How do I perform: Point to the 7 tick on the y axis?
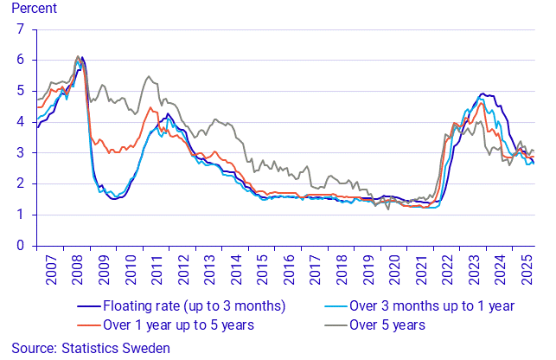tap(20, 29)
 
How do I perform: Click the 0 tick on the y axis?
tap(20, 246)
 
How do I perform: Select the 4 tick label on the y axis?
tap(20, 122)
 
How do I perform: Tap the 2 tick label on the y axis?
tap(20, 183)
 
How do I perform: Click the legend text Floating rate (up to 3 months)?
tap(194, 305)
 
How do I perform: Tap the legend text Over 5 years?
tap(387, 325)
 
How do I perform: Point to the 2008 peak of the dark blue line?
tap(81, 58)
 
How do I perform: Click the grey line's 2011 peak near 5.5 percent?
tap(148, 76)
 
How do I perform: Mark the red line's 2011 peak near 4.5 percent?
tap(150, 107)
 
